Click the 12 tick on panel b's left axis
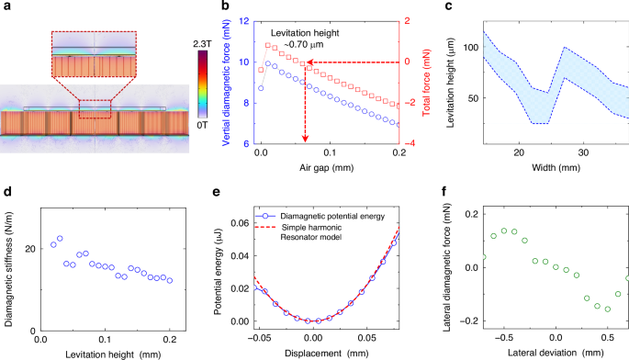coord(242,19)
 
